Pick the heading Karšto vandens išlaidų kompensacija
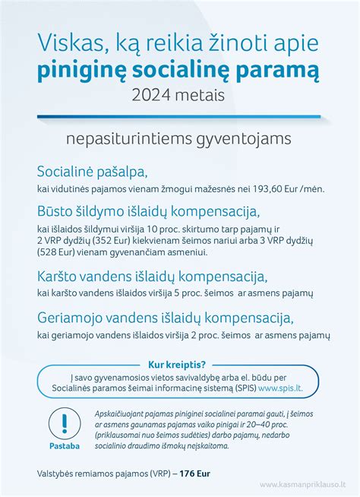[x=152, y=276]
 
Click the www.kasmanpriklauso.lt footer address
[x=303, y=484]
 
